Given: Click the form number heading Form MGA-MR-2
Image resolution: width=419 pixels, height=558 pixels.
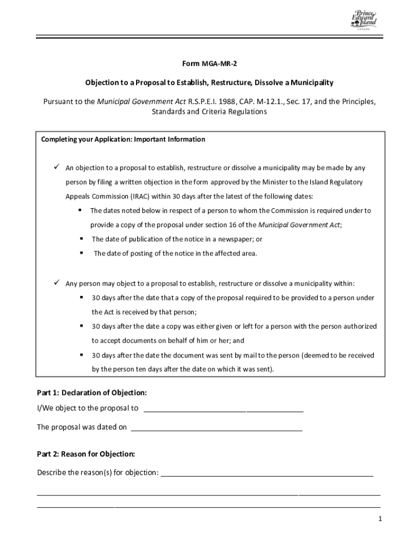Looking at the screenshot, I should pyautogui.click(x=209, y=64).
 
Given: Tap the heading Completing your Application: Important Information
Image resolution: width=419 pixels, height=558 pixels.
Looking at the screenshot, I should pyautogui.click(x=123, y=139).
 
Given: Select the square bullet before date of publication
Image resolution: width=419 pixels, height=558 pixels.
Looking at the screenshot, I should pyautogui.click(x=81, y=239).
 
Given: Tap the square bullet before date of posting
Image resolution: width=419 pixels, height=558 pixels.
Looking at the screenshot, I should pyautogui.click(x=81, y=253).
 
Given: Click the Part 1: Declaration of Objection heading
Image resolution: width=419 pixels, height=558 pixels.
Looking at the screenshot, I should pyautogui.click(x=91, y=392).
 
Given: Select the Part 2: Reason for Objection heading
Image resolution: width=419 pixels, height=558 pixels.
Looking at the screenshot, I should pyautogui.click(x=85, y=454).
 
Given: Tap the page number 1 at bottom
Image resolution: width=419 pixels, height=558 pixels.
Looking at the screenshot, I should pyautogui.click(x=381, y=519).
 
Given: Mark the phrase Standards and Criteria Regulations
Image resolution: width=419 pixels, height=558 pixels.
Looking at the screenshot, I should pyautogui.click(x=209, y=112).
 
